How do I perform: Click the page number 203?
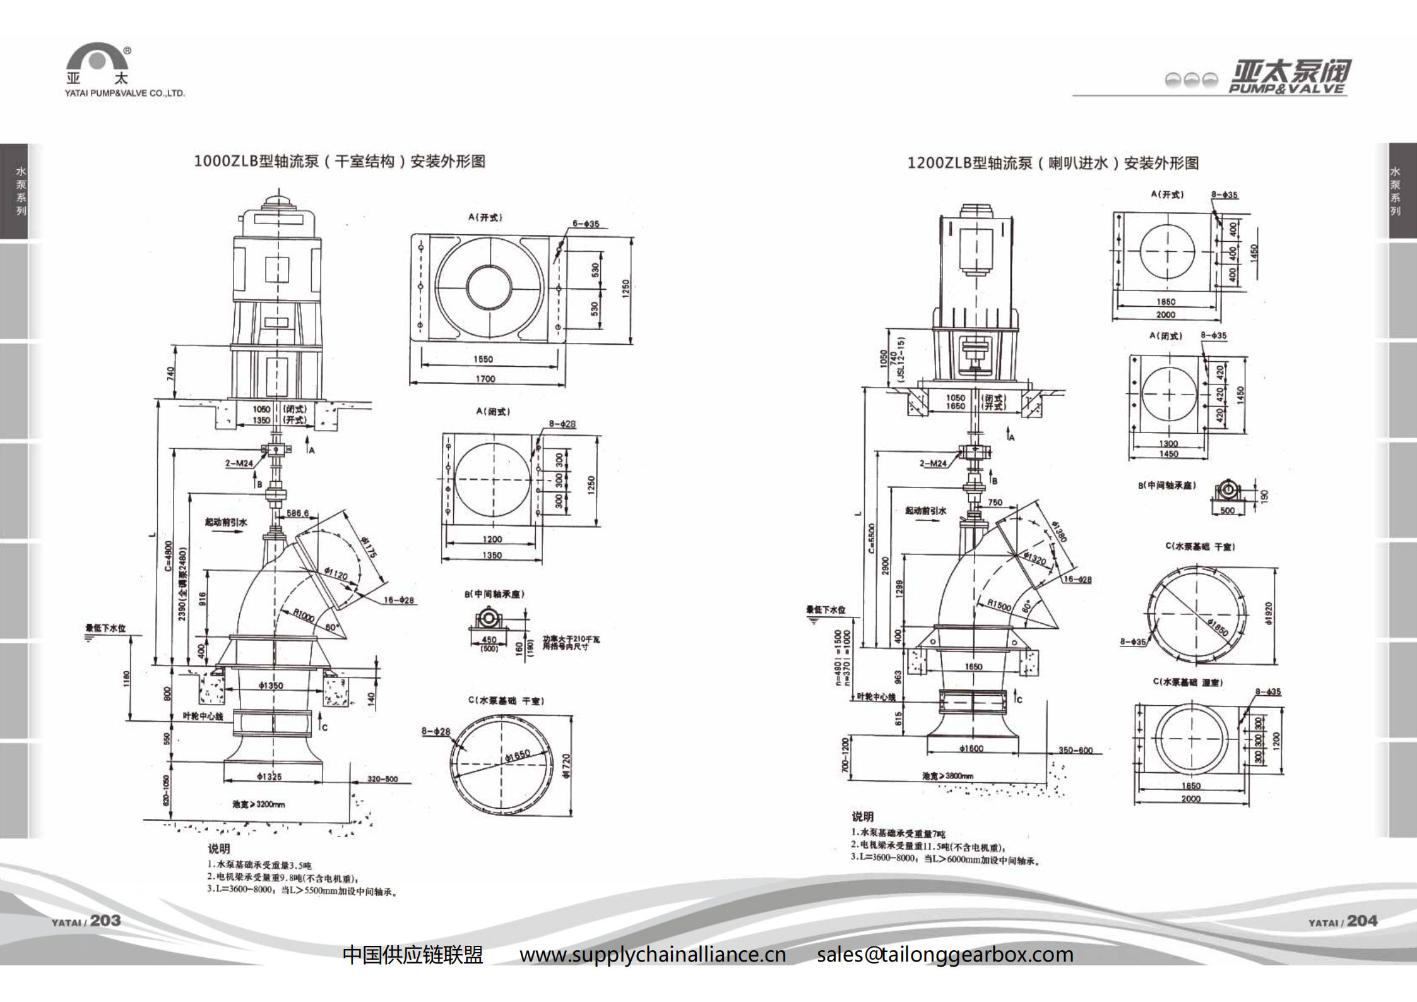[x=105, y=921]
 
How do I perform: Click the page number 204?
[x=1362, y=921]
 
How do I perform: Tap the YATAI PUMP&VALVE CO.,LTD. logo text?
[x=124, y=93]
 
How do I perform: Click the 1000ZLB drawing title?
[x=340, y=162]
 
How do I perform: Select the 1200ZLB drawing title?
[x=1053, y=164]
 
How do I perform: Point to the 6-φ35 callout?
[x=586, y=224]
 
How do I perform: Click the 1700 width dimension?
[x=485, y=379]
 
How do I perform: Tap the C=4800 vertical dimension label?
[x=169, y=556]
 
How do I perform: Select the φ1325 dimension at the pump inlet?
[x=270, y=776]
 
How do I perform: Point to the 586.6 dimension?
[x=298, y=513]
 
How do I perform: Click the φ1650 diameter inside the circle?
[x=518, y=755]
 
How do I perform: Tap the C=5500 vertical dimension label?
[x=872, y=539]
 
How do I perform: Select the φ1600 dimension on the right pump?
[x=971, y=748]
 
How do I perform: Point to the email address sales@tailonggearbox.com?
[x=945, y=954]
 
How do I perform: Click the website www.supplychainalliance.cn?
[x=653, y=954]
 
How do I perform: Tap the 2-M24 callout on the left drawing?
[x=239, y=463]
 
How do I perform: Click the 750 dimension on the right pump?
[x=995, y=503]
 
